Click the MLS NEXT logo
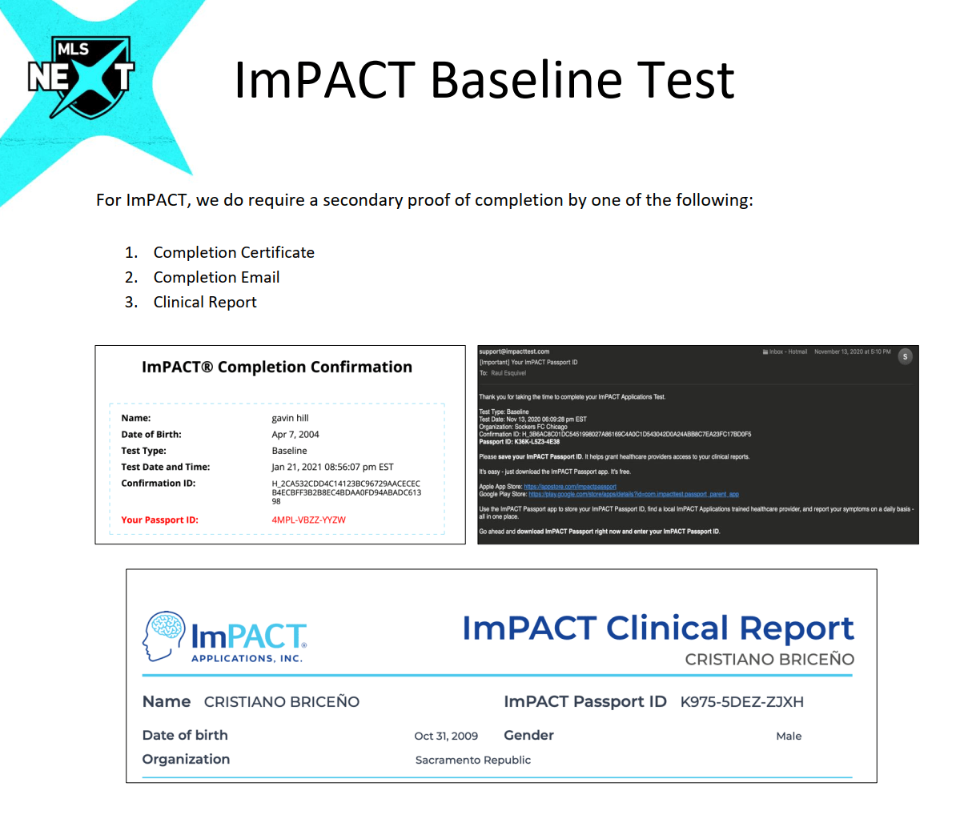81,77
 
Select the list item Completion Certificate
234,252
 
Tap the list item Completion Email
216,277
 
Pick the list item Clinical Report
205,302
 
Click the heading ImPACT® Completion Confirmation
277,367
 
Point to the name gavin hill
290,418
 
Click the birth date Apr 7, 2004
295,435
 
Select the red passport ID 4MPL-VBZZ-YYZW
308,520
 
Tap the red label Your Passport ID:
159,520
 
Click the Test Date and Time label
165,467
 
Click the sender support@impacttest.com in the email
514,351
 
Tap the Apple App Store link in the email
570,487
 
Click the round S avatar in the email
905,357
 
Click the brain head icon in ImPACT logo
163,636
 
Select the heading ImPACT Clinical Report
657,628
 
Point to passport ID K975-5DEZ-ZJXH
741,702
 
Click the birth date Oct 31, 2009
446,736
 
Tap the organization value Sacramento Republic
472,760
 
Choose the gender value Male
789,736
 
